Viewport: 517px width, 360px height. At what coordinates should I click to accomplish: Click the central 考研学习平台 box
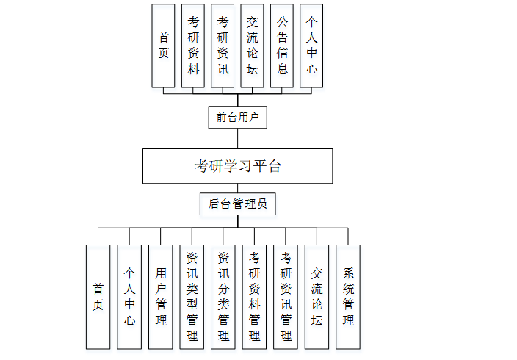click(x=237, y=166)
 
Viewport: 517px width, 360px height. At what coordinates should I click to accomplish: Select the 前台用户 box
click(x=237, y=117)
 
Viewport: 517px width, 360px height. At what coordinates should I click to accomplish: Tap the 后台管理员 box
click(x=237, y=204)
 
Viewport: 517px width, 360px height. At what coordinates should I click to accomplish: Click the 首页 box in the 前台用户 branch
click(x=164, y=46)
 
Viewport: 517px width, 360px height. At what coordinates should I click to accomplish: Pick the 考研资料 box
click(x=193, y=46)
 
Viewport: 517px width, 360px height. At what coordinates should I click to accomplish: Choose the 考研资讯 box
click(x=223, y=46)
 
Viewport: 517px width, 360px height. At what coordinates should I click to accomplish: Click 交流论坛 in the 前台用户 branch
click(x=252, y=46)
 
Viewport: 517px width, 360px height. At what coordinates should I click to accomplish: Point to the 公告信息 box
click(x=282, y=46)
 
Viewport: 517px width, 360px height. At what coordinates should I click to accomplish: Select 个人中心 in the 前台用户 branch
click(x=311, y=46)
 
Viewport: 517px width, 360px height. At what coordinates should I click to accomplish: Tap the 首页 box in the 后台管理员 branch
click(x=98, y=297)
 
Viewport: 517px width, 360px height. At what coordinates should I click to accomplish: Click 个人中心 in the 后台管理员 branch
click(x=129, y=297)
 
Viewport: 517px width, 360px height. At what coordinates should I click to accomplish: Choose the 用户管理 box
click(x=161, y=297)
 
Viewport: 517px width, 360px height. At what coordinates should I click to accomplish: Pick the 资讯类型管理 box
click(x=192, y=297)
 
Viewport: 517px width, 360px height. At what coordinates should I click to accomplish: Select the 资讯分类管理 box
click(x=223, y=297)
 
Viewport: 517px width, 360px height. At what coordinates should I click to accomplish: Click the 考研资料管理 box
click(x=254, y=297)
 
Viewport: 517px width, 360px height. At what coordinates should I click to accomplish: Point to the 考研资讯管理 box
click(x=286, y=297)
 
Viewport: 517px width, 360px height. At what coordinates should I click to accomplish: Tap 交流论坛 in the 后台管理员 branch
click(x=317, y=297)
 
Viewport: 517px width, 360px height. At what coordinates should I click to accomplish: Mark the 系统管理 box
click(x=348, y=297)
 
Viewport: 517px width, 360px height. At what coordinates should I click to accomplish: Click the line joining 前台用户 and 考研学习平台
click(x=237, y=139)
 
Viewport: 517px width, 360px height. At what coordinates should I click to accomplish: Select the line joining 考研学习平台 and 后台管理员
click(x=237, y=188)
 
